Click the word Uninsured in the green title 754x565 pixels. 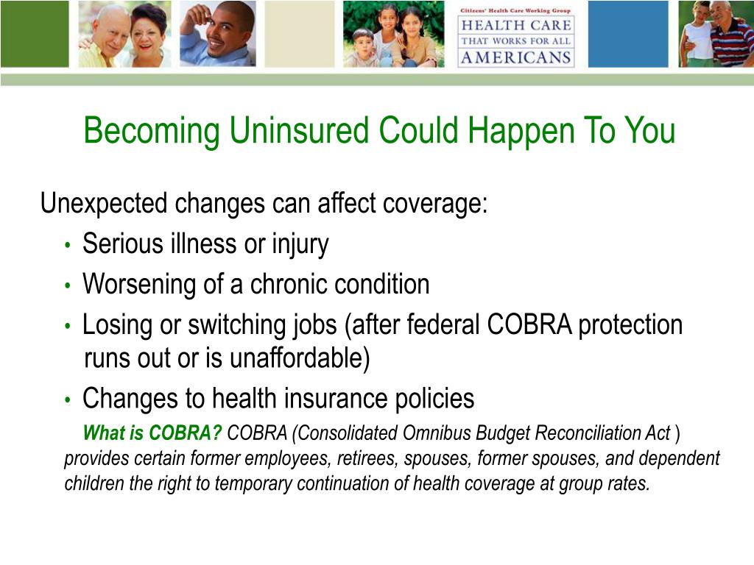pyautogui.click(x=299, y=130)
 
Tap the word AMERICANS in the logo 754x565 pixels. pyautogui.click(x=516, y=57)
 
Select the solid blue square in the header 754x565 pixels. pyautogui.click(x=628, y=34)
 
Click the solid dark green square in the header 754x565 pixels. pyautogui.click(x=35, y=34)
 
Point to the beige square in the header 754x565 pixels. pyautogui.click(x=300, y=34)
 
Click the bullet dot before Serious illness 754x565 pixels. pyautogui.click(x=68, y=246)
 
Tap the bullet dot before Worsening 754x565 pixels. pyautogui.click(x=68, y=286)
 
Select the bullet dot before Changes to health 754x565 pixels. pyautogui.click(x=68, y=400)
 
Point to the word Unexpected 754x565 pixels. pyautogui.click(x=104, y=204)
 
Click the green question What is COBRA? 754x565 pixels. pyautogui.click(x=152, y=433)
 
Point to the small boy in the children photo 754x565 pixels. pyautogui.click(x=364, y=48)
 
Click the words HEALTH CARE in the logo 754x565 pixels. pyautogui.click(x=516, y=25)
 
